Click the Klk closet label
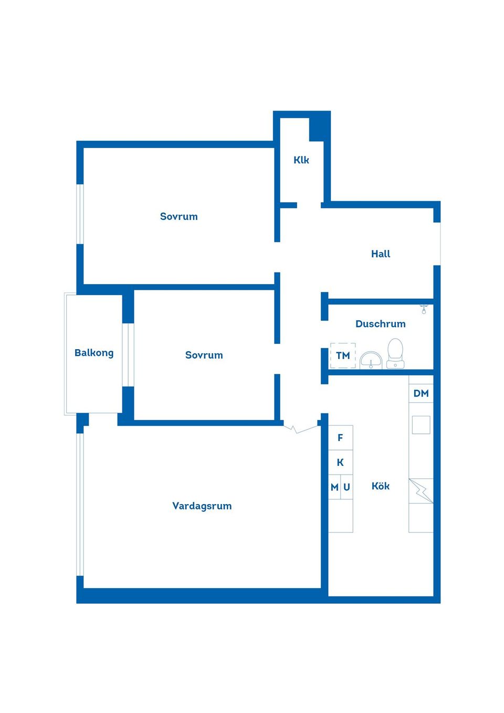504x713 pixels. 301,160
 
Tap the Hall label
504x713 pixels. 381,254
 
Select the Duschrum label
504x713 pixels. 380,324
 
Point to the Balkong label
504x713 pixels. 94,353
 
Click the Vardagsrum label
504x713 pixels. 202,506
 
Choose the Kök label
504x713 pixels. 380,486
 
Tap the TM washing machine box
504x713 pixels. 343,355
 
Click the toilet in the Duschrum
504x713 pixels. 395,353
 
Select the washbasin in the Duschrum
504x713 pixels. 371,360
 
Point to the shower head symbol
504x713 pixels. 424,309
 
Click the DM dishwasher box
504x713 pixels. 421,393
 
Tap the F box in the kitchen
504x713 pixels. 340,438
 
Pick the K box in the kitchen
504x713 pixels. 340,462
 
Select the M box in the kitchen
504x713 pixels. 334,487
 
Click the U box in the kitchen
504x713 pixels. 347,487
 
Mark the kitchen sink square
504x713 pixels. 421,425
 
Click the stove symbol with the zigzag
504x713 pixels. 421,491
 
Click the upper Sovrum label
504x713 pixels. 178,216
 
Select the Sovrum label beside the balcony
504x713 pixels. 204,355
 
